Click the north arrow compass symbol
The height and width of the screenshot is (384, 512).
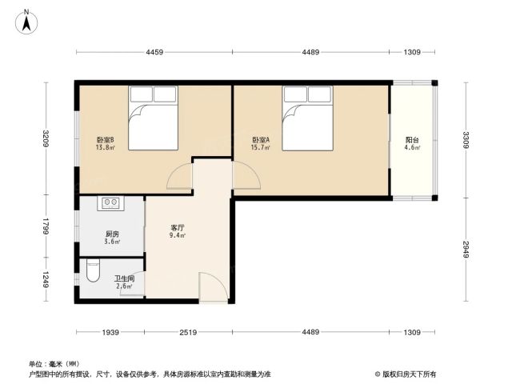(x=26, y=22)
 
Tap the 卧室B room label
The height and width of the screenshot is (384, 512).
(x=105, y=140)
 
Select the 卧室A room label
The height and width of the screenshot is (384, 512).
(x=261, y=140)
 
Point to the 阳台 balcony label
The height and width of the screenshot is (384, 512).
(x=412, y=140)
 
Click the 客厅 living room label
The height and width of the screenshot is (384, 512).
(x=178, y=227)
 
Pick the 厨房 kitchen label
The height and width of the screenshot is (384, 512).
(x=112, y=234)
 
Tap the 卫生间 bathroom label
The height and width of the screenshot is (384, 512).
(x=125, y=279)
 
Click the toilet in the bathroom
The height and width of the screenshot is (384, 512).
(x=93, y=270)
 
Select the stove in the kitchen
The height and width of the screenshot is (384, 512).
(x=110, y=203)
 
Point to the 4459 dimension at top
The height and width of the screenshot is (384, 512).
(x=154, y=52)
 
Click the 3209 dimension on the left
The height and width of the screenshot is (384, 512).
(x=46, y=138)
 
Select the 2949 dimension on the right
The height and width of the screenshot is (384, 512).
(x=466, y=250)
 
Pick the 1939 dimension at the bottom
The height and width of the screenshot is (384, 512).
(x=110, y=333)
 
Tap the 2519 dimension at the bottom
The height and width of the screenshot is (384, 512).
(x=189, y=333)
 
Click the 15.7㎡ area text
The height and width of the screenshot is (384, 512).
(x=261, y=147)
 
